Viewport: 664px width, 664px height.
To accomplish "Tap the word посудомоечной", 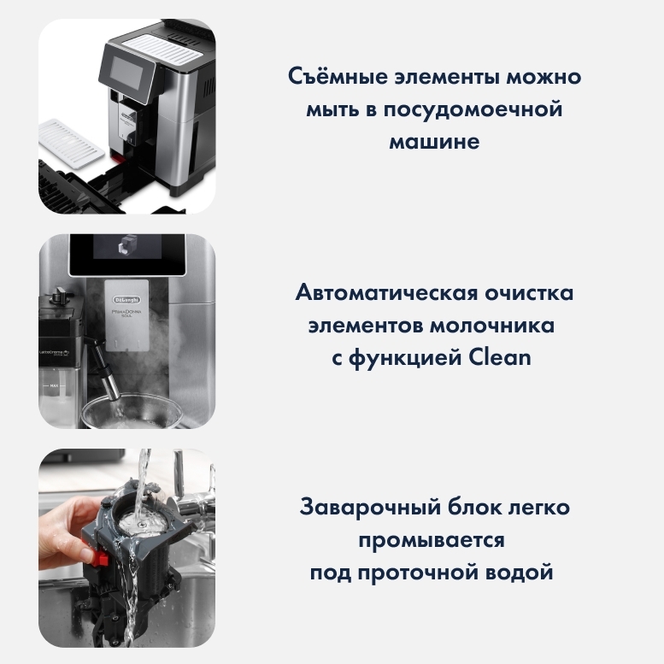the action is (473, 109).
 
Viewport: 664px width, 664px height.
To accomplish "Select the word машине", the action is (434, 142).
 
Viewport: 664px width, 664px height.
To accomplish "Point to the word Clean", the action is (500, 357).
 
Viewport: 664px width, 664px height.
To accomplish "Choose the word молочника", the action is (492, 326).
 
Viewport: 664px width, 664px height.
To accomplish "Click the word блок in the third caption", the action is (475, 507).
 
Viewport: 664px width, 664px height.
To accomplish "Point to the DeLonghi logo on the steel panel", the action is (126, 300).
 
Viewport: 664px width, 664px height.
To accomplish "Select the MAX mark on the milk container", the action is (54, 385).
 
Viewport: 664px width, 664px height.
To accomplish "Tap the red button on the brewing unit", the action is (100, 558).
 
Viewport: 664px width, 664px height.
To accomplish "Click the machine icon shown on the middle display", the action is (126, 245).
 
